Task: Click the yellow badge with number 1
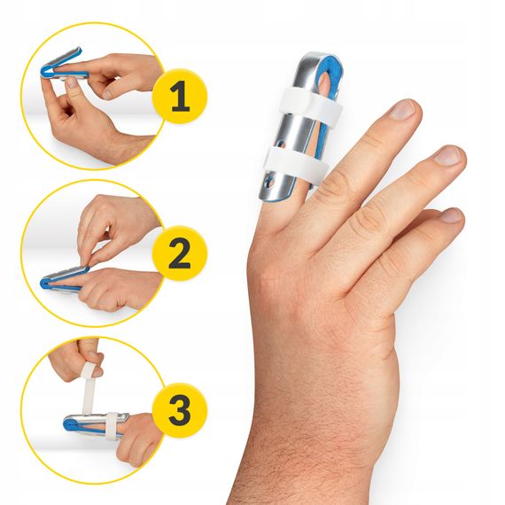tap(180, 96)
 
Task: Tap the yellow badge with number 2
tap(180, 253)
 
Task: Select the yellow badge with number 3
tap(180, 410)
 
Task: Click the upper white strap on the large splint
tap(308, 102)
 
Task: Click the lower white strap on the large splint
tap(296, 160)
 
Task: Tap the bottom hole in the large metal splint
tap(270, 183)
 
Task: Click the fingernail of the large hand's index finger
tap(402, 109)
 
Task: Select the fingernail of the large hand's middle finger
tap(447, 155)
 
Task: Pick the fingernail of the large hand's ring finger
tap(452, 214)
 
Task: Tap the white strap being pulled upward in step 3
tap(88, 386)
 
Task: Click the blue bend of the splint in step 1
tap(46, 71)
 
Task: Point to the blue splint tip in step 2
tap(45, 284)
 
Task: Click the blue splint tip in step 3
tap(68, 424)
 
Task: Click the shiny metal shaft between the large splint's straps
tap(295, 132)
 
